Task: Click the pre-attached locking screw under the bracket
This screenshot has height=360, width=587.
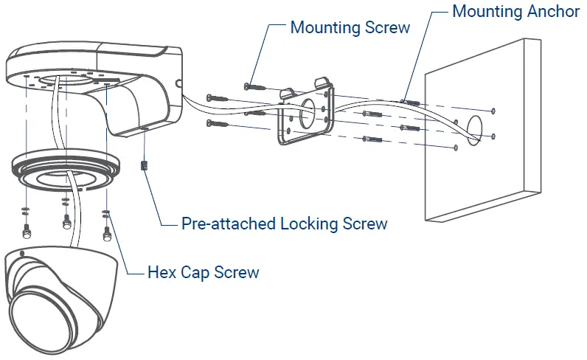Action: pos(145,166)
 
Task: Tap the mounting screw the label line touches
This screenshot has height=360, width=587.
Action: pos(256,86)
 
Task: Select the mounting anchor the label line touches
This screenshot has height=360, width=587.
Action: pos(411,101)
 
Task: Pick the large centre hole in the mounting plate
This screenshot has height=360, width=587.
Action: pos(308,108)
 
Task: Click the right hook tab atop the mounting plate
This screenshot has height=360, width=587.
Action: pos(323,81)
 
